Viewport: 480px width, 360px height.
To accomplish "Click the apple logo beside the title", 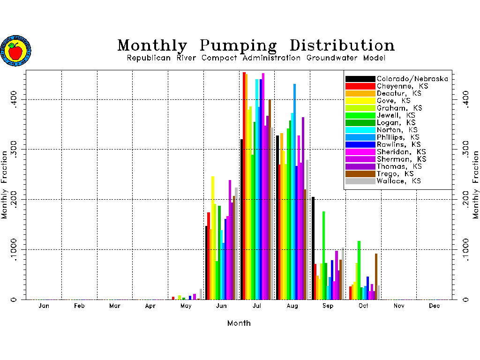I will tap(15, 51).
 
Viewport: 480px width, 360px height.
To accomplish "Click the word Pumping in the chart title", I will tap(238, 46).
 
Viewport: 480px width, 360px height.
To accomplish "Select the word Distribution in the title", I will tap(342, 45).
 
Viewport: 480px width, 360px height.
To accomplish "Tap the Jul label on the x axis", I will tap(257, 306).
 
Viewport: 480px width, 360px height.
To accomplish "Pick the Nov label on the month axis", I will tap(399, 306).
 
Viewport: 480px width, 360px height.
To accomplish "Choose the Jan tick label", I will tap(44, 306).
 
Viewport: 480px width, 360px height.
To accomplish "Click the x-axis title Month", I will tap(239, 323).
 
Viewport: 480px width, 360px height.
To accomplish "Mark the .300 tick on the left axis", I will tap(16, 150).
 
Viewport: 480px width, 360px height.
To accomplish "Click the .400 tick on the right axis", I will tap(465, 99).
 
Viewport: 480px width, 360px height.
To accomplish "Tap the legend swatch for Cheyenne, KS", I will tap(360, 86).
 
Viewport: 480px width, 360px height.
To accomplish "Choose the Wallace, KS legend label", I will tap(399, 181).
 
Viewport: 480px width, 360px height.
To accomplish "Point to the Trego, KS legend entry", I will tap(397, 174).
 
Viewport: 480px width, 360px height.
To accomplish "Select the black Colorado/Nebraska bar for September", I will tap(313, 248).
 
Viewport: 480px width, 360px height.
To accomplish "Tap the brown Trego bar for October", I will tap(376, 277).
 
